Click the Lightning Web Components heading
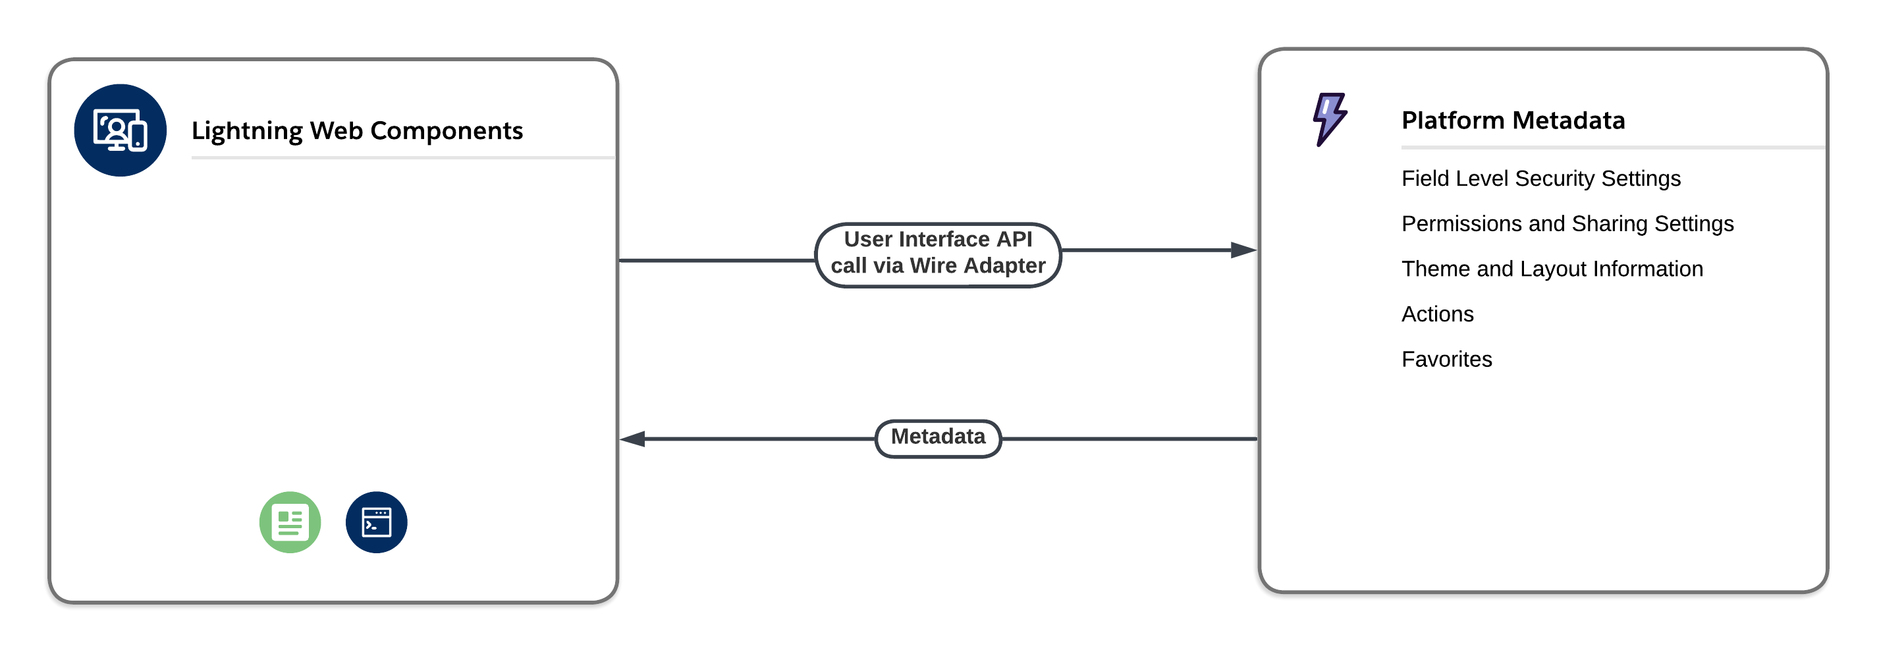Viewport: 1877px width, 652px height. pos(357,130)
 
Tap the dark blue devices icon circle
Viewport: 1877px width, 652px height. pos(121,130)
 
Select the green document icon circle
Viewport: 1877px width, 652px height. pos(290,522)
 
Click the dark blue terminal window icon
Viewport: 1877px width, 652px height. pos(376,522)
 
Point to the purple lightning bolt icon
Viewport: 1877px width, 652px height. pos(1330,119)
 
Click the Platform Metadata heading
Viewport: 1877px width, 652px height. pos(1513,121)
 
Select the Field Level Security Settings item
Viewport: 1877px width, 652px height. pos(1540,178)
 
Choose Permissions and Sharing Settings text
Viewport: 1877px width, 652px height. pos(1567,224)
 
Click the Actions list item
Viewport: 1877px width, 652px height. pos(1437,314)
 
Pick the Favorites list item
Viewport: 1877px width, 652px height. pos(1446,359)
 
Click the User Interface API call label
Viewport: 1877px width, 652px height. pos(938,253)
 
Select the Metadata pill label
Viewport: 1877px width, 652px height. pos(938,437)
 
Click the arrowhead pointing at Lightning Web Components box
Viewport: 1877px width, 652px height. pos(632,439)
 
